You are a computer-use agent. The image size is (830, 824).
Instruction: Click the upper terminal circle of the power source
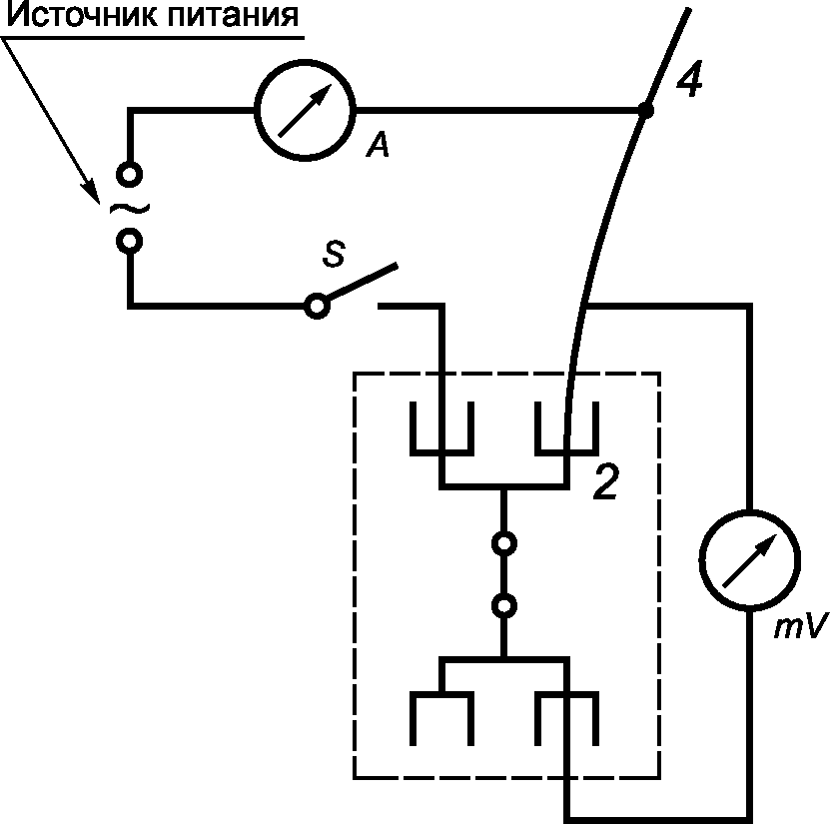pyautogui.click(x=129, y=174)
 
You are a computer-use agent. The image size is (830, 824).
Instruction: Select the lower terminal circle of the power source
pyautogui.click(x=129, y=241)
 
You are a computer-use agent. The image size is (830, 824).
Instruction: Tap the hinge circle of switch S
pyautogui.click(x=317, y=306)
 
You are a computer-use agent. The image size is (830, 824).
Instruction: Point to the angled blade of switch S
pyautogui.click(x=362, y=283)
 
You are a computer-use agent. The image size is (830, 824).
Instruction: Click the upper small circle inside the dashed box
pyautogui.click(x=504, y=544)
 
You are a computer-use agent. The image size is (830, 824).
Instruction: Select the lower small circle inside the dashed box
pyautogui.click(x=504, y=605)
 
